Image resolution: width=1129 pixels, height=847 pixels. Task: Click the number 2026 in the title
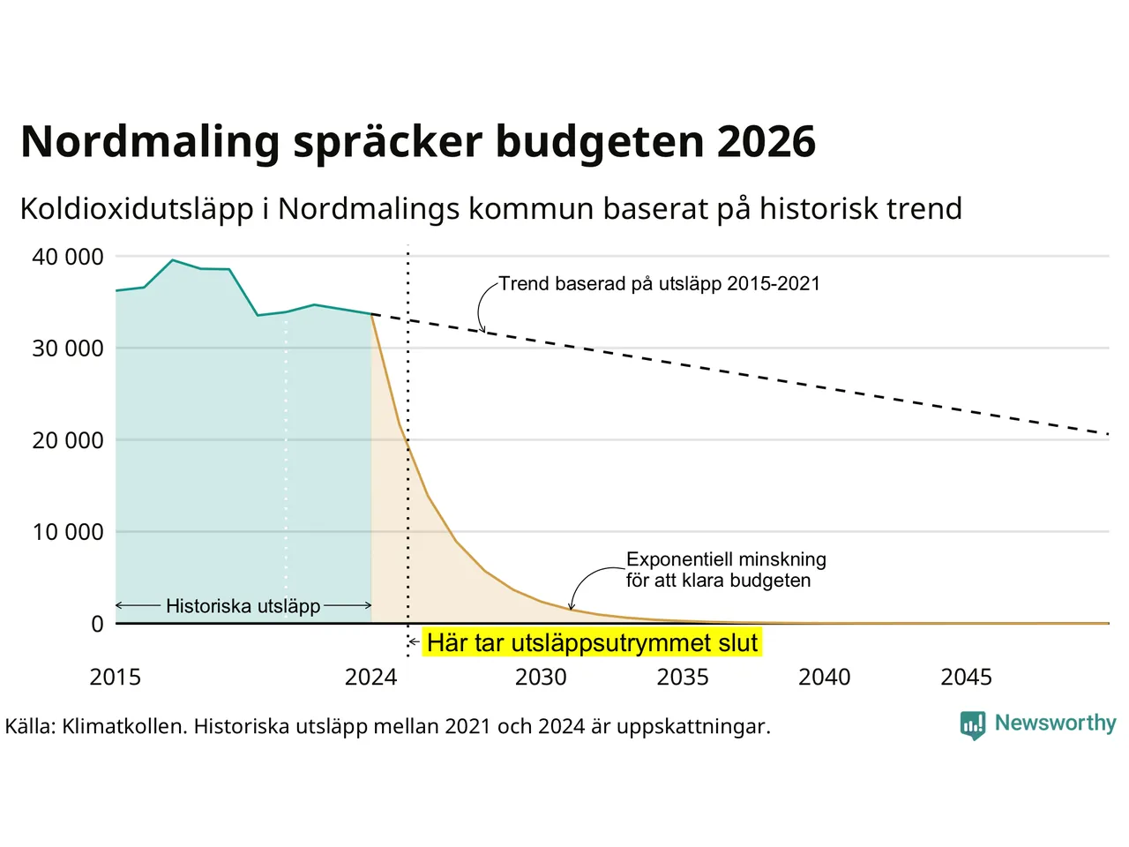click(x=766, y=142)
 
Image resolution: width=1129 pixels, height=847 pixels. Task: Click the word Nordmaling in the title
click(x=149, y=142)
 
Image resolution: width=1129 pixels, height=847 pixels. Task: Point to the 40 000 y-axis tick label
click(x=68, y=257)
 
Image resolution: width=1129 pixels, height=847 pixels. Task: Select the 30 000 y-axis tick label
click(x=68, y=349)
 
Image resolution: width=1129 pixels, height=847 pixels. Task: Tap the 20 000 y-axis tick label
click(x=68, y=440)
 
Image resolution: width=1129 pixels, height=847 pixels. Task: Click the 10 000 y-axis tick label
click(x=68, y=532)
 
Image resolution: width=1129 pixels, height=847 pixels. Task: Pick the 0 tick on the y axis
click(x=97, y=624)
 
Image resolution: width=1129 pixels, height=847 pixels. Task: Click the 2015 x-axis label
click(x=116, y=677)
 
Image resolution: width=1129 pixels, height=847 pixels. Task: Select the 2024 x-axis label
click(x=370, y=677)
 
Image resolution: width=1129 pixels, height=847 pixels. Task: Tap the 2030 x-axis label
click(x=541, y=677)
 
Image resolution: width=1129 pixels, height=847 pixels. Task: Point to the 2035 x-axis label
click(x=683, y=677)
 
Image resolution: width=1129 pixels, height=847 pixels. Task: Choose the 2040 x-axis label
click(x=825, y=677)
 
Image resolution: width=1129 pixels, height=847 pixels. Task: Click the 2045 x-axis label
click(x=966, y=677)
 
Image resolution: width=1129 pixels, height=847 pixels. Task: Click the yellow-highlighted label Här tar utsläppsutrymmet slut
click(x=592, y=642)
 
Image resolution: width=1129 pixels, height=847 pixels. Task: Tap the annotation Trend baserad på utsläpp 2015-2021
click(x=659, y=283)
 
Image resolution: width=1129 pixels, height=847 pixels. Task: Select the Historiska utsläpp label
click(x=243, y=606)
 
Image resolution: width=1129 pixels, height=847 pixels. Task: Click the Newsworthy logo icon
click(x=973, y=724)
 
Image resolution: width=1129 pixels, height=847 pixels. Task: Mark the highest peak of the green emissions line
click(x=173, y=260)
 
